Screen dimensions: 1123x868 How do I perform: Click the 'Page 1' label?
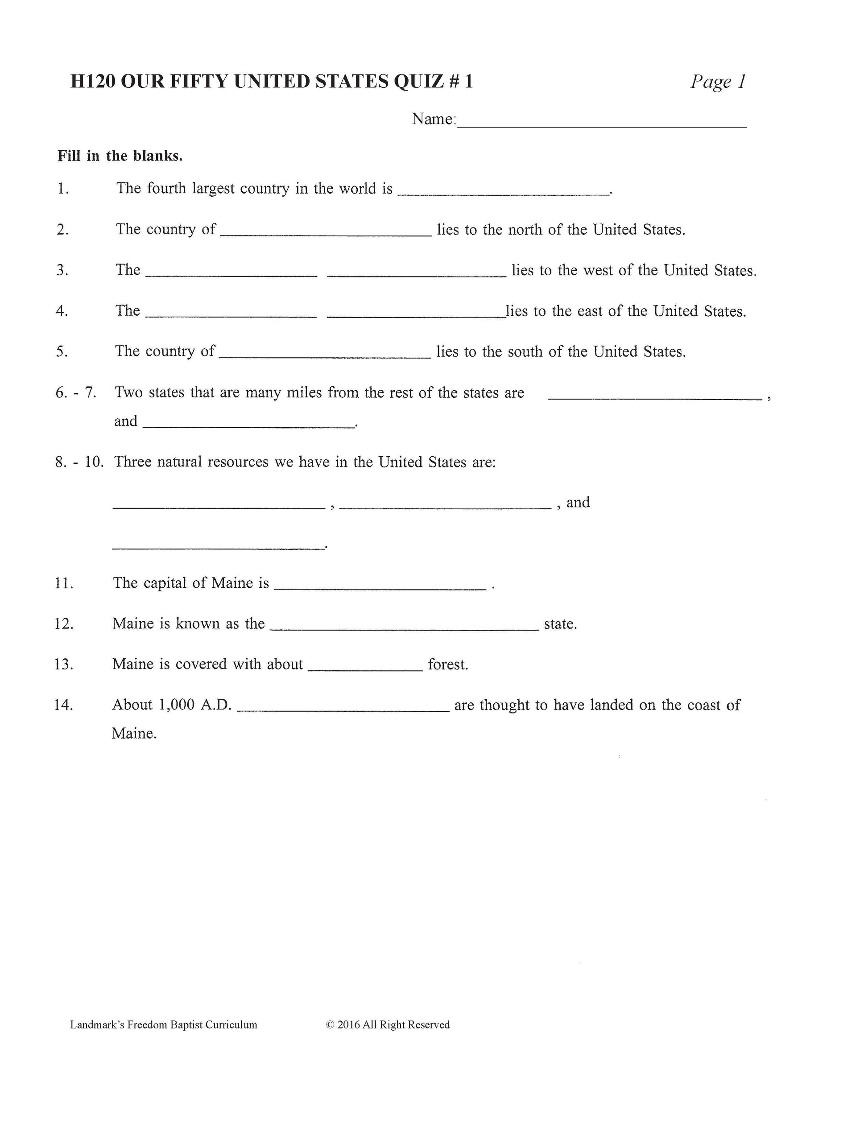coord(718,82)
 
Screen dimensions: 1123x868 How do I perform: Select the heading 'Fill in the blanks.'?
coord(120,156)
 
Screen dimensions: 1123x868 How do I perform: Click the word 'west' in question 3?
coord(598,270)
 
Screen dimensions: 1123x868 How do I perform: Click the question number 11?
coord(64,583)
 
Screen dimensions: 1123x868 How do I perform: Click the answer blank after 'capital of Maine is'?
coord(380,586)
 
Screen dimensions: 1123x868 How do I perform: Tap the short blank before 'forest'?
coord(365,668)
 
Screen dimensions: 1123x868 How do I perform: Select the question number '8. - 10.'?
coord(79,462)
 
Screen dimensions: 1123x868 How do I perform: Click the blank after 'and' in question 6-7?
coord(248,425)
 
